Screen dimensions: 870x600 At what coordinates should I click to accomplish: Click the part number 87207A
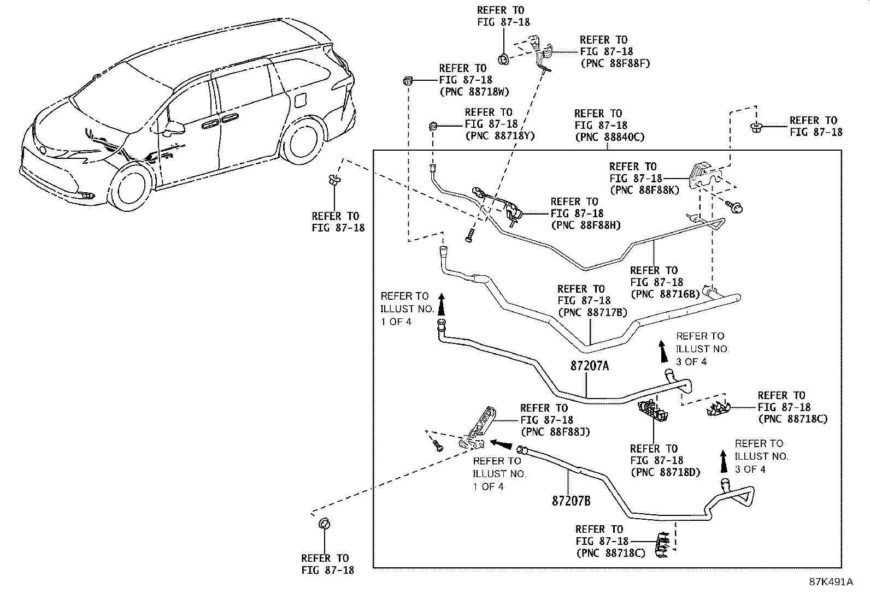(589, 366)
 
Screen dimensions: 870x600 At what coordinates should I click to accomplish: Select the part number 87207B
(571, 501)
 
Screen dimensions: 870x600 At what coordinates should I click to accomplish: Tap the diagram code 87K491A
(831, 582)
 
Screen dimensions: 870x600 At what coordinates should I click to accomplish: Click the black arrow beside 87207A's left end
(441, 304)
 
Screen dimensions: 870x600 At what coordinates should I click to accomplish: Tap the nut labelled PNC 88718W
(407, 81)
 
